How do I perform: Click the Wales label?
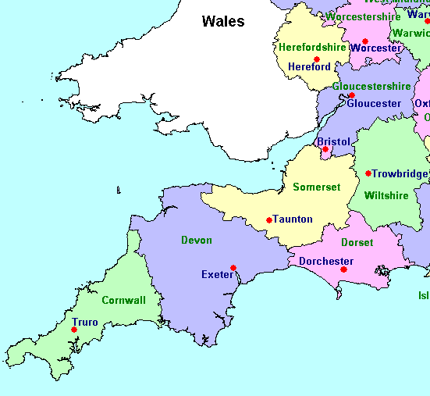click(x=222, y=22)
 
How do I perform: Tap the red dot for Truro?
click(x=74, y=330)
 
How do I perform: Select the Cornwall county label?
click(x=123, y=300)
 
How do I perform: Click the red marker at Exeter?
click(x=233, y=268)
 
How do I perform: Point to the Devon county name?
click(x=196, y=241)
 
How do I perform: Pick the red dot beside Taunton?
click(x=269, y=220)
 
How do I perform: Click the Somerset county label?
click(x=317, y=187)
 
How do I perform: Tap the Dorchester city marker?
click(x=343, y=269)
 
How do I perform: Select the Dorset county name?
click(x=357, y=243)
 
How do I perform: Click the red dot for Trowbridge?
click(x=368, y=173)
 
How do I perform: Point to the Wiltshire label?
click(x=386, y=196)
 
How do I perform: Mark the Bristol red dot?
click(x=325, y=149)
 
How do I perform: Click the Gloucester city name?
click(x=374, y=104)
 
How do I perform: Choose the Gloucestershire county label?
click(x=371, y=87)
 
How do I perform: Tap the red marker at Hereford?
click(x=317, y=59)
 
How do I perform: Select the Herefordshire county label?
click(x=311, y=48)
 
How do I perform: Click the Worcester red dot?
click(x=364, y=41)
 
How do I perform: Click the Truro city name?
click(x=85, y=322)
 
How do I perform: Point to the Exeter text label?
click(x=216, y=275)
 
